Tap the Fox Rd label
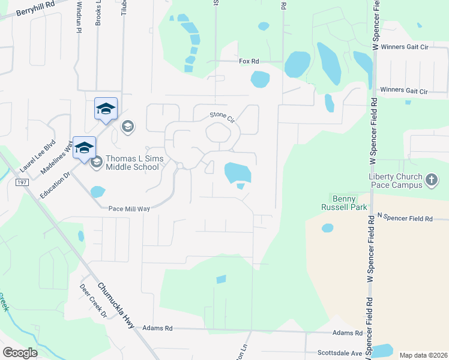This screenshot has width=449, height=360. [x=249, y=61]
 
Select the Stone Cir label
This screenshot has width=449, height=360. [x=220, y=115]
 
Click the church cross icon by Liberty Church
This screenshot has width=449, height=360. [x=431, y=179]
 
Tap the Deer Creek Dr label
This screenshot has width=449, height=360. [x=93, y=301]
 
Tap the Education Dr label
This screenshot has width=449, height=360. [x=55, y=185]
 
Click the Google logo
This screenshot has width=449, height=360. [x=19, y=352]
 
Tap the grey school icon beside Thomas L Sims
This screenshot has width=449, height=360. [x=96, y=162]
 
